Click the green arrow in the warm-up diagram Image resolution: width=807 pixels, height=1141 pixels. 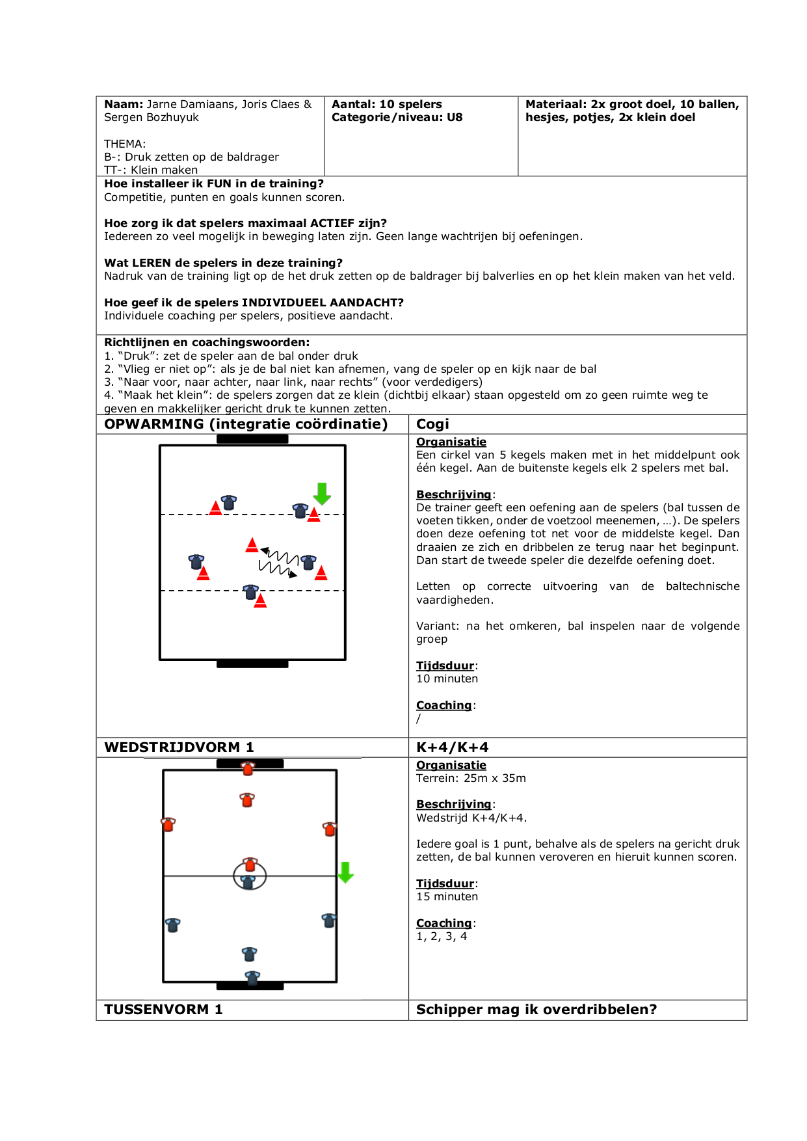322,494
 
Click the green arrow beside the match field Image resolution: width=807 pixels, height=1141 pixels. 345,872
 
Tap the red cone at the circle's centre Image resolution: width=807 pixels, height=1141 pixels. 252,545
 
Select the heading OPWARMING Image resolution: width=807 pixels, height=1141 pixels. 154,424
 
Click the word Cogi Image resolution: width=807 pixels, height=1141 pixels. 432,424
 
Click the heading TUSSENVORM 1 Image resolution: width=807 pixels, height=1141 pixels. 163,1010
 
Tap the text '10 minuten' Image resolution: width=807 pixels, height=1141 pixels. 447,678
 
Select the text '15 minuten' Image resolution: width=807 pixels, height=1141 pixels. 447,896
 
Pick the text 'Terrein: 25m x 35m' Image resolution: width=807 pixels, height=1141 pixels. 471,778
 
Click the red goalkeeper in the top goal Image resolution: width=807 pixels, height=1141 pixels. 248,769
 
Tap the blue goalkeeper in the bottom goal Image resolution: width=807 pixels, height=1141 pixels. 252,978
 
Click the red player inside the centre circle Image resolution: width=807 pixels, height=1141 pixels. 250,865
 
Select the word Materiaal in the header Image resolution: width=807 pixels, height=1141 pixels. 555,104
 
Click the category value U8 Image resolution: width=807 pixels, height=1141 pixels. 455,117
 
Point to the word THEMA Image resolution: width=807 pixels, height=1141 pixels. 124,144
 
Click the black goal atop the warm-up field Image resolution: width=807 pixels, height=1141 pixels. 252,439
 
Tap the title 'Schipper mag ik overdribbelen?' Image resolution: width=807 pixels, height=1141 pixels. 536,1010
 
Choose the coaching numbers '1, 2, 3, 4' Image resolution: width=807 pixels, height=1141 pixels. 442,936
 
